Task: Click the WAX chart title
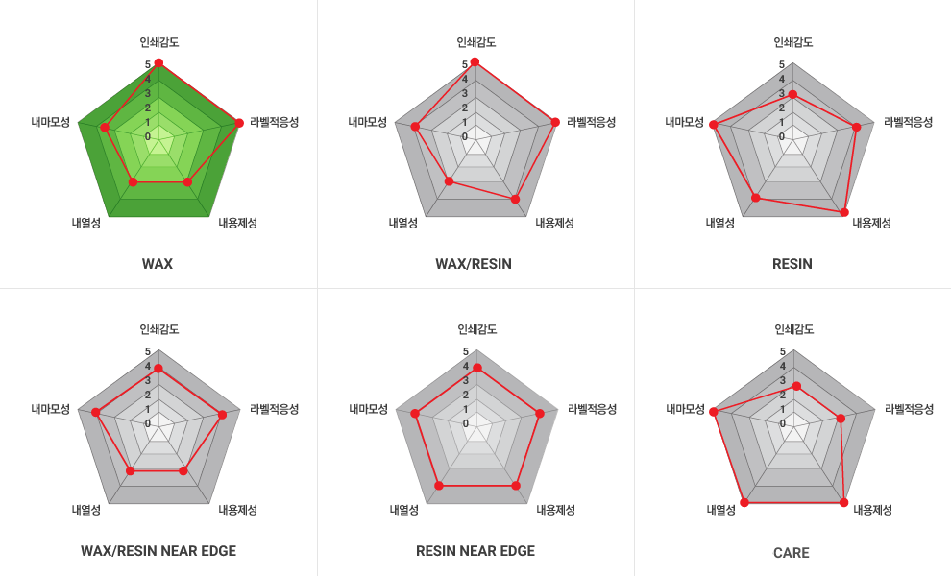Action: tap(158, 264)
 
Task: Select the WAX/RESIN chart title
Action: tap(474, 264)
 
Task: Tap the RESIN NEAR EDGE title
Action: tap(475, 551)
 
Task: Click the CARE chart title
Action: tap(792, 553)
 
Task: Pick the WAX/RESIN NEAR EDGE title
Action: tap(158, 551)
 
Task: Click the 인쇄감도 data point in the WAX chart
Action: tap(158, 63)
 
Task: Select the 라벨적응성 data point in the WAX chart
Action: tap(238, 122)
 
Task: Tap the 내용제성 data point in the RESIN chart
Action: tap(845, 211)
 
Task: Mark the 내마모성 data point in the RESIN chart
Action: tap(713, 124)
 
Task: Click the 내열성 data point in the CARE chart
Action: tap(744, 502)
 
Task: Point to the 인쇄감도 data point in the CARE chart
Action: tap(795, 386)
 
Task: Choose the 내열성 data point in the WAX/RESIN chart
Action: tap(449, 180)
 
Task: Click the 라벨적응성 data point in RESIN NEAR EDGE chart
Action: tap(540, 414)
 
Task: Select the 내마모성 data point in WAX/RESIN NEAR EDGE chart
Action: tap(96, 413)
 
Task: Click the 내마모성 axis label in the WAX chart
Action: tap(50, 122)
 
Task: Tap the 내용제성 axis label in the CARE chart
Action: tap(873, 510)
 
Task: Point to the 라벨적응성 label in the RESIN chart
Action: tap(909, 122)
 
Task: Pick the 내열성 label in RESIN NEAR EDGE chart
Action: tap(403, 510)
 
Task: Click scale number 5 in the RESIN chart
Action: tap(782, 65)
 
